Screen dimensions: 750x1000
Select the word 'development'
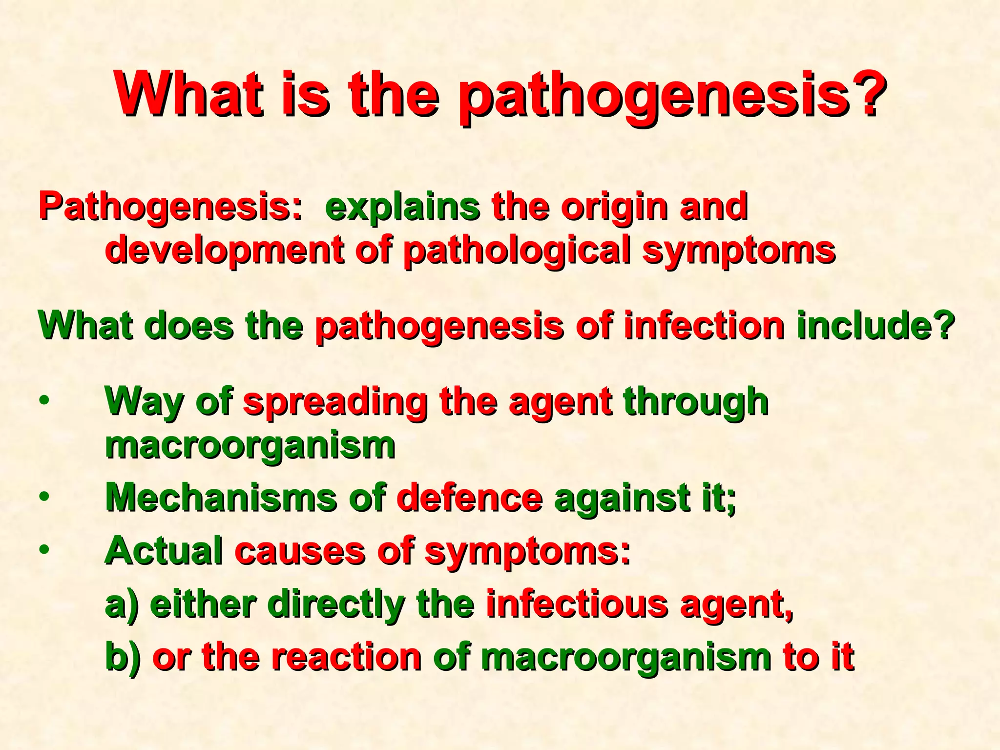click(224, 250)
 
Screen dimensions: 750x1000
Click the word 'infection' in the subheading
click(704, 326)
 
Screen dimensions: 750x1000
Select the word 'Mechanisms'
click(221, 498)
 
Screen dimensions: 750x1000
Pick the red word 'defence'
click(470, 498)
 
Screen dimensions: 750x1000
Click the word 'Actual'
click(164, 551)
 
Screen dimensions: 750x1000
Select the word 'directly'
click(336, 604)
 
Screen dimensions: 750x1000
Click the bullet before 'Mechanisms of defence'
click(44, 497)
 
